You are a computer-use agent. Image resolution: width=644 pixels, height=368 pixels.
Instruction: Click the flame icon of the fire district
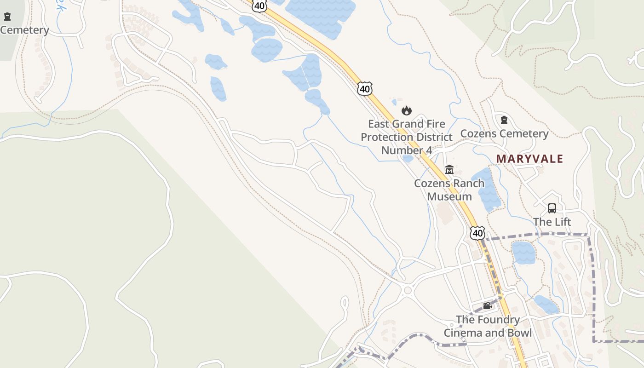[x=406, y=110]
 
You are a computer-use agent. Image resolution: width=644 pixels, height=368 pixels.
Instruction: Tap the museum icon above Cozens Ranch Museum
[x=449, y=169]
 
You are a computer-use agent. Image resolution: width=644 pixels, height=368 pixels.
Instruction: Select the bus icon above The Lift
[x=552, y=208]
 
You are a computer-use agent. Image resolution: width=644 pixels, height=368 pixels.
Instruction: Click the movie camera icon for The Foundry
[x=487, y=305]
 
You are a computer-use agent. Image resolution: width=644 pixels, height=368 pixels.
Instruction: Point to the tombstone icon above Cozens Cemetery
[x=504, y=120]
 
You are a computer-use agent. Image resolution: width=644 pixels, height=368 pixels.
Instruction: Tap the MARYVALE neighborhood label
[x=529, y=159]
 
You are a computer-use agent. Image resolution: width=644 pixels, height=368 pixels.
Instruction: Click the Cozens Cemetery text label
[x=504, y=134]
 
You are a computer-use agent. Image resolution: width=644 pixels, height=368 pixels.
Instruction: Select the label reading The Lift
[x=552, y=222]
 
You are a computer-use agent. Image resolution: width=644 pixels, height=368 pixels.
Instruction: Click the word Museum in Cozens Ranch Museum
[x=449, y=196]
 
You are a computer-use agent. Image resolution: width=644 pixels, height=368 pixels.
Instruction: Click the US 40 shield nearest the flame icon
[x=365, y=88]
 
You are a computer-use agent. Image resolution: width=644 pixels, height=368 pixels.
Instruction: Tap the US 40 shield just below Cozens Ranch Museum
[x=477, y=233]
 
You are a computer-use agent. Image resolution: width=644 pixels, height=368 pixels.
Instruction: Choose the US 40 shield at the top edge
[x=259, y=6]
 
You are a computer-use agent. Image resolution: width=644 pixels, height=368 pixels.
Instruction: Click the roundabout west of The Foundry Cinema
[x=407, y=290]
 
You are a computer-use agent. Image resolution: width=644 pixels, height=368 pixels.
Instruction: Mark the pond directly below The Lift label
[x=523, y=253]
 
